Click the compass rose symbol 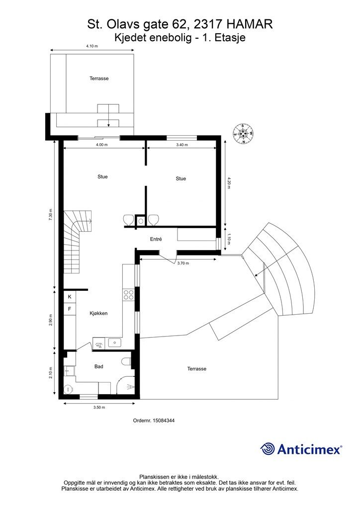coord(243,133)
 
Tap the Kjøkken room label coord(98,313)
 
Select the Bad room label coord(98,366)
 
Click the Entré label coord(156,239)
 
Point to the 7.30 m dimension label coord(50,215)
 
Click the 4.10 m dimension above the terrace coord(92,46)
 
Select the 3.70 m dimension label coord(183,263)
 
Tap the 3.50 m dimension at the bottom coord(99,408)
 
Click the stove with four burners coord(129,294)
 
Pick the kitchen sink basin coord(114,342)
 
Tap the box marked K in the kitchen coord(70,297)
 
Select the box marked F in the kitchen coord(70,309)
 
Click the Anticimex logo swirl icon coord(268,449)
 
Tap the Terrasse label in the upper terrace coord(99,79)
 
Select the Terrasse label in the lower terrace coord(197,369)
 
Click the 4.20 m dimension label coord(229,183)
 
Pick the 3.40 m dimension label coord(182,145)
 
